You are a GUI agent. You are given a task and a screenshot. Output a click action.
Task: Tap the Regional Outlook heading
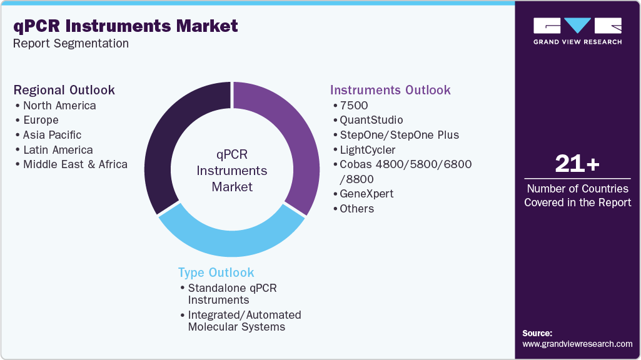[64, 90]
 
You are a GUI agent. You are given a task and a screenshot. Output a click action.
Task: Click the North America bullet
[59, 106]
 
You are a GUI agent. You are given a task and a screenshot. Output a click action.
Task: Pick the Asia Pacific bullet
[52, 135]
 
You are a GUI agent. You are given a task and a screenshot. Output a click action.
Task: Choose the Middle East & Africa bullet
[74, 164]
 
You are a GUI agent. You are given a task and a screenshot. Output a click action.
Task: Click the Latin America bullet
[58, 150]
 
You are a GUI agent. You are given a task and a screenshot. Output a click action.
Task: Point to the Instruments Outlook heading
[390, 90]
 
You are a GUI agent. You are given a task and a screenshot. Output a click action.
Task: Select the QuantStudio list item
[371, 120]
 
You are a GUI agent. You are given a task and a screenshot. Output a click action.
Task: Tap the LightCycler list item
[368, 150]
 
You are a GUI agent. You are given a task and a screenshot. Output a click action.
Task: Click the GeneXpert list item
[366, 194]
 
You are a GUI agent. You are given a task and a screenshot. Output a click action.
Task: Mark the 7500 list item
[354, 106]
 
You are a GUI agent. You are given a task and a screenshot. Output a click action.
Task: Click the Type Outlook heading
[216, 272]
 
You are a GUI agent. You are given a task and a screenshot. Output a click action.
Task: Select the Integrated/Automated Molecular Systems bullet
[244, 321]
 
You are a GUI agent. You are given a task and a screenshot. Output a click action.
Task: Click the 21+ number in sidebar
[577, 164]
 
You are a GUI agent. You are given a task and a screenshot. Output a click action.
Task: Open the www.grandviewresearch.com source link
[577, 344]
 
